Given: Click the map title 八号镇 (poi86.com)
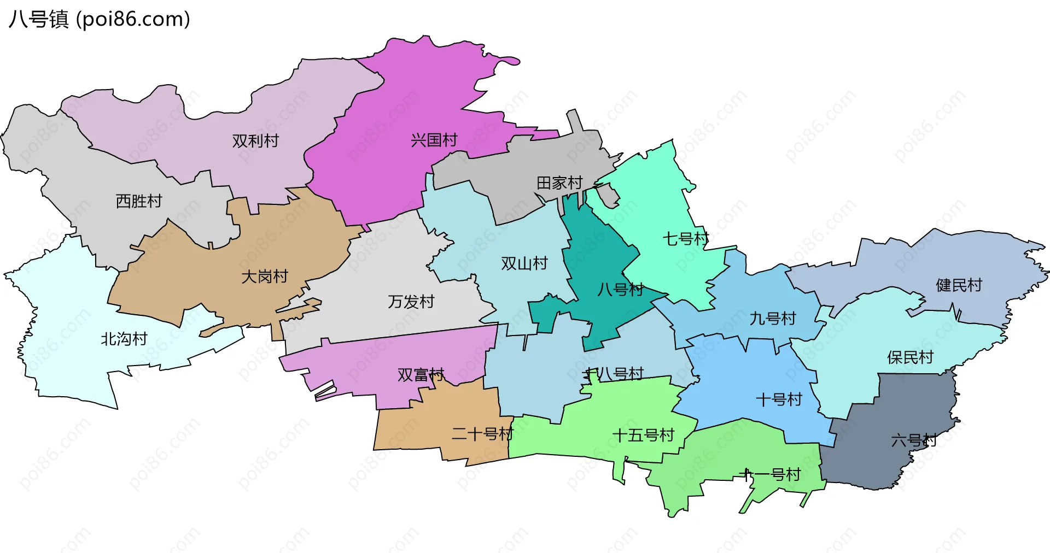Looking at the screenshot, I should [x=100, y=19].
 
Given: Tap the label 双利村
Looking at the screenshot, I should [x=255, y=141].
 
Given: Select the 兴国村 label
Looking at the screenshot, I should [x=434, y=140].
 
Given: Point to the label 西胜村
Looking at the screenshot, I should [x=139, y=201].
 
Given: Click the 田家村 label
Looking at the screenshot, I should [x=559, y=183].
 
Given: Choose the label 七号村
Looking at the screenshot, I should [x=686, y=239].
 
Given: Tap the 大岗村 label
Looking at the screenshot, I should [x=265, y=276].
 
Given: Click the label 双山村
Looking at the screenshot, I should [x=524, y=264].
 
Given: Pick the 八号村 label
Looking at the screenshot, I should [x=620, y=290].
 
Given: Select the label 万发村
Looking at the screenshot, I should [x=411, y=302].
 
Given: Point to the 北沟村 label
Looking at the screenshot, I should [x=124, y=339].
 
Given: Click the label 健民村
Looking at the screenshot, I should [x=959, y=285].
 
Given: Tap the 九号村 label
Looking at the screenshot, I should [x=772, y=319].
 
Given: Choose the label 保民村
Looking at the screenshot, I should [x=910, y=357].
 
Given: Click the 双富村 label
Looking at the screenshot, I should [x=421, y=375].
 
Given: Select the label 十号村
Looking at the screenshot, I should [x=779, y=400].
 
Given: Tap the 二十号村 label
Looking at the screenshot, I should [x=482, y=434].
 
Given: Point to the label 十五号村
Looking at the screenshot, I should [x=643, y=436].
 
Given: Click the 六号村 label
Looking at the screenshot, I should [x=914, y=440].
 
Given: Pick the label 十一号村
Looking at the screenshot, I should [x=770, y=475].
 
